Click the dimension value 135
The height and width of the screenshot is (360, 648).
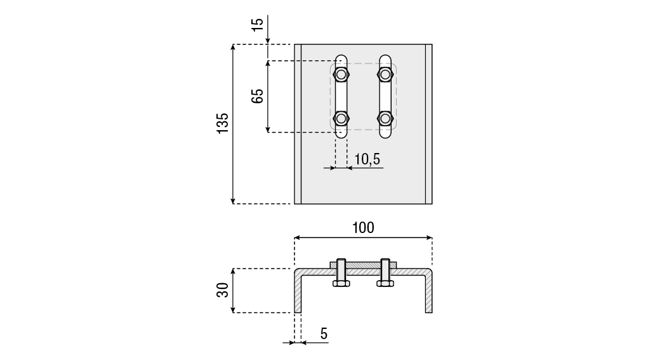[222, 124]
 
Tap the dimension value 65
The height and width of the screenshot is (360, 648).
[257, 97]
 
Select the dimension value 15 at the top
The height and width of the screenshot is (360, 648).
[257, 25]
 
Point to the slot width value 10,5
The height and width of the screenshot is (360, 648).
[367, 159]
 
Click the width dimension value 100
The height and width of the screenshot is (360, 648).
[362, 227]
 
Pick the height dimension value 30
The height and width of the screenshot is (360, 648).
[222, 290]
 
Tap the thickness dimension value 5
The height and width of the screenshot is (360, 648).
[324, 333]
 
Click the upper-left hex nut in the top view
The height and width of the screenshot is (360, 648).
[341, 75]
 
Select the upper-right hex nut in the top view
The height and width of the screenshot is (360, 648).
[385, 75]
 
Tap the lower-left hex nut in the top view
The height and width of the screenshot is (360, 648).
[341, 118]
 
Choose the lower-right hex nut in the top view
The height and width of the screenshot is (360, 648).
[385, 118]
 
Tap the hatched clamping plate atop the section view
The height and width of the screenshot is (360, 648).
[363, 264]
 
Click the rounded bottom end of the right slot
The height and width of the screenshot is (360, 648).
[385, 134]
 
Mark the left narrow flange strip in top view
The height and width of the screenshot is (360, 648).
[298, 124]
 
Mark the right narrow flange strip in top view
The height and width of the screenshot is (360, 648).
[429, 124]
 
